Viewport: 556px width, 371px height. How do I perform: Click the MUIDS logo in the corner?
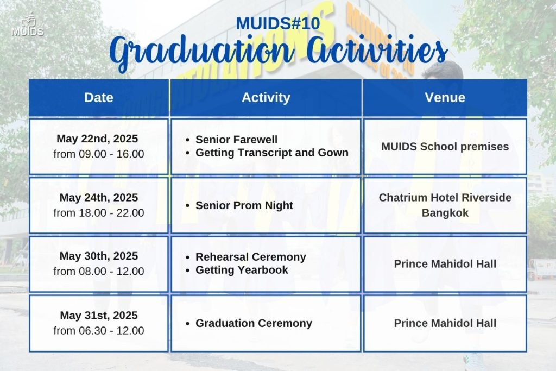coord(27,25)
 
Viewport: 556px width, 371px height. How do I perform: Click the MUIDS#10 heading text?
coord(277,24)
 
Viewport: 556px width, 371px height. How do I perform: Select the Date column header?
coord(99,98)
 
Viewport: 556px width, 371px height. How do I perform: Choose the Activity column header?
coord(266,98)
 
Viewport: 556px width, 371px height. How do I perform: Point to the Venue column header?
coord(445,98)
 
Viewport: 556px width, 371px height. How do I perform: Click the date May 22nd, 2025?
coord(97,139)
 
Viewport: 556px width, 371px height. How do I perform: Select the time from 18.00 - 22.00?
coord(99,213)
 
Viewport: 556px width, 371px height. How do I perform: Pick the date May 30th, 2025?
coord(99,256)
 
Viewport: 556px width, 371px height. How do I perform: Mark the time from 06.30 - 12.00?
coord(99,331)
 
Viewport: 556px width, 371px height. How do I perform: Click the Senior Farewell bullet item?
coord(237,140)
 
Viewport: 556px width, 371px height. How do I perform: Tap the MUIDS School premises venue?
coord(445,147)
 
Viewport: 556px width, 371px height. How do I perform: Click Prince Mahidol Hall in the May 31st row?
coord(445,324)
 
